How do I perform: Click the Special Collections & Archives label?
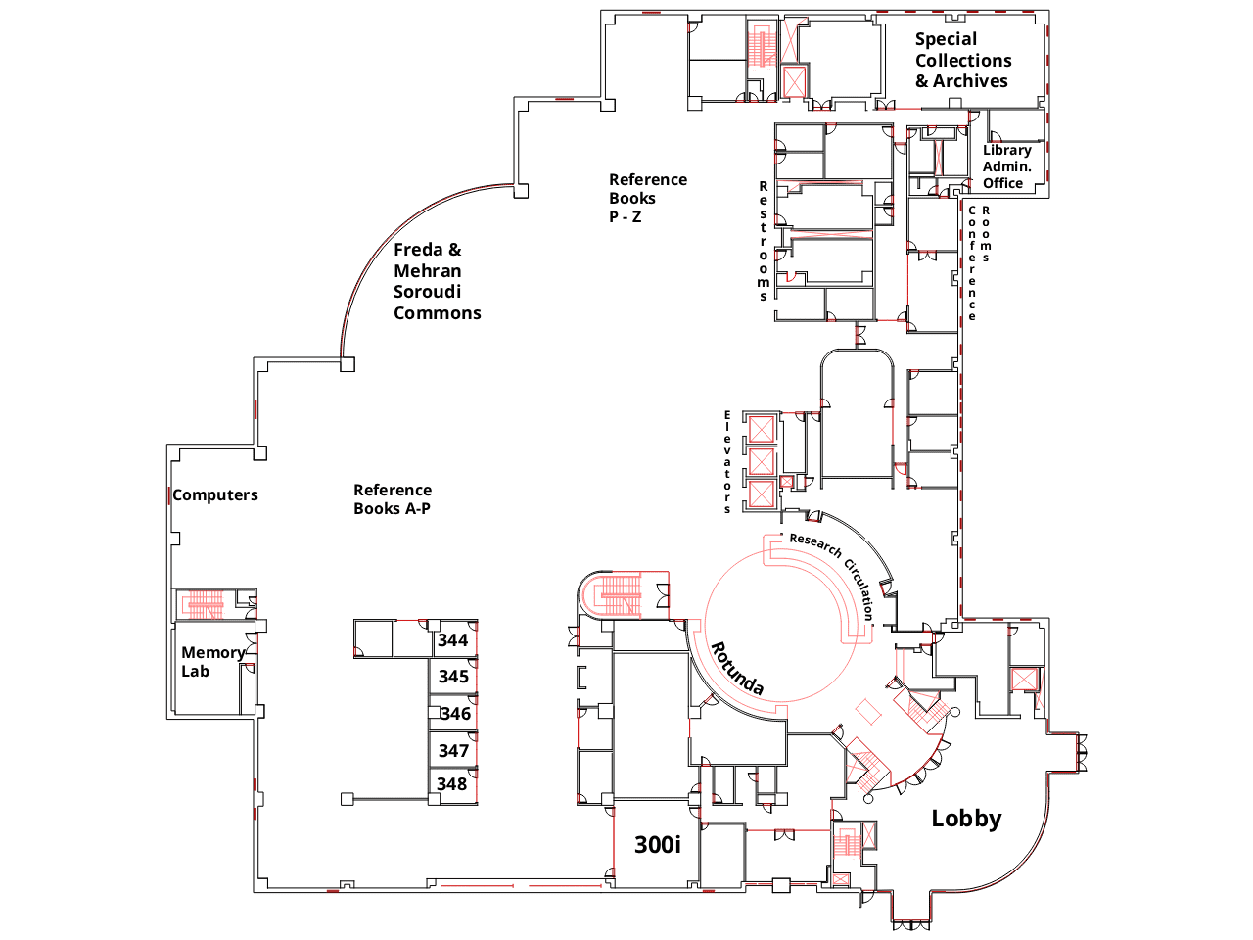962,60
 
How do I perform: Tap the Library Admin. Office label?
1006,166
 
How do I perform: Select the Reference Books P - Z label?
647,198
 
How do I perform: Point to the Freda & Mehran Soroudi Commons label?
437,281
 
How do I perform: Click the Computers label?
215,495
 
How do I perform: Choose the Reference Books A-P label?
393,499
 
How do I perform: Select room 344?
453,640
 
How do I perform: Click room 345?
453,677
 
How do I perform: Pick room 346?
455,714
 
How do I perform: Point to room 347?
453,751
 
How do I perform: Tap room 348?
452,784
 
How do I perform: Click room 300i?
657,845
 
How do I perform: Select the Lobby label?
966,819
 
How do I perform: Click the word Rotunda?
736,668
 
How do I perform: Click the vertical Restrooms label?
764,241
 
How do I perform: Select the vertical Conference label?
972,263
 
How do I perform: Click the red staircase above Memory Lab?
206,604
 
